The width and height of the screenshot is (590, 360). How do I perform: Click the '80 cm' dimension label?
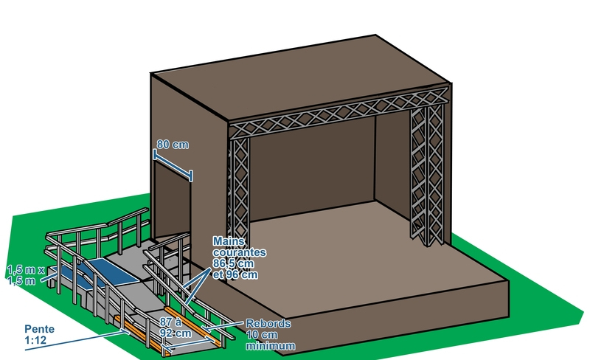point(173,145)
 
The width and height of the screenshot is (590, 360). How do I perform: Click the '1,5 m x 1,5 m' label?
point(25,276)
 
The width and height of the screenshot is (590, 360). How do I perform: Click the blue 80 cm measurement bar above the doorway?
point(173,165)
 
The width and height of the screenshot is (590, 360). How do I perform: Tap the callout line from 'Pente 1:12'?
point(88,338)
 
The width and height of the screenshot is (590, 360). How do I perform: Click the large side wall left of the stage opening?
point(188,118)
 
